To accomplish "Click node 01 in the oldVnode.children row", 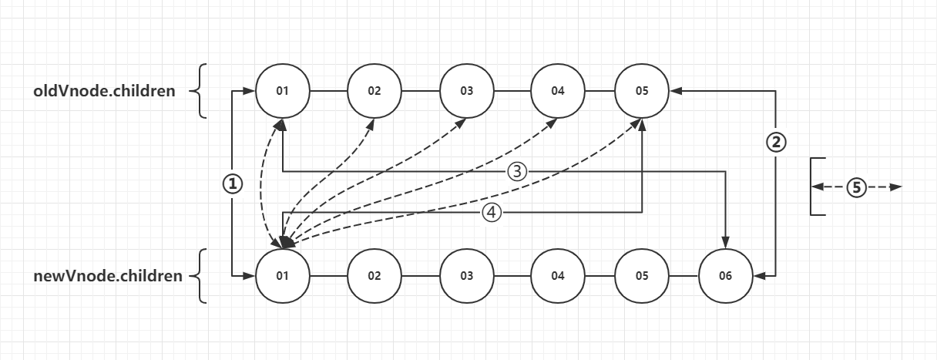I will (282, 91).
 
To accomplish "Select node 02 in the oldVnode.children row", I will (374, 91).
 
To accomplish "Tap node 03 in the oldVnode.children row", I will (466, 91).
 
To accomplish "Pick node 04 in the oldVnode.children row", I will (558, 91).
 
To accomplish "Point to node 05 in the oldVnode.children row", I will (642, 91).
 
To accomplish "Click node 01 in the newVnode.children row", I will (282, 275).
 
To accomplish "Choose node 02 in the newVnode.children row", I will (374, 275).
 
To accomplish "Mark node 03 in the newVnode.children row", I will (466, 275).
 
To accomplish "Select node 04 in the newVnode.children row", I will (558, 275).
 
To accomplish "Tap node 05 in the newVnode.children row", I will (642, 275).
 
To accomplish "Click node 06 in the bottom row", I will (725, 275).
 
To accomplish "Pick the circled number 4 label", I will (492, 213).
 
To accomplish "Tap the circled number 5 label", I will (855, 187).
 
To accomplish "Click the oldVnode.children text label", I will (104, 91).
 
